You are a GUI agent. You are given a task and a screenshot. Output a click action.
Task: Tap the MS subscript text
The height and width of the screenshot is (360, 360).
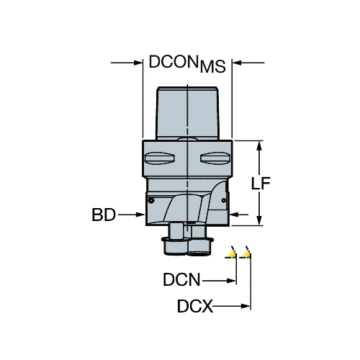pos(213,66)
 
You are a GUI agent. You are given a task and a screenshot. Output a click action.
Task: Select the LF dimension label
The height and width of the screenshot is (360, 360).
pos(261,184)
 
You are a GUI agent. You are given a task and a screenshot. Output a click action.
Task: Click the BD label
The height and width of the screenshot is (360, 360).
pos(104,215)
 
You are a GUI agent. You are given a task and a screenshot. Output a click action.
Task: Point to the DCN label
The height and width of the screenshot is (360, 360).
pos(181,279)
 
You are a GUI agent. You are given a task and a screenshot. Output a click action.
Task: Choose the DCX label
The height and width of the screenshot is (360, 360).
pos(195,306)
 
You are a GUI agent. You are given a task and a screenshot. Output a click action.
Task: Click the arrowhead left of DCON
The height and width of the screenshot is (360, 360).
pos(138,63)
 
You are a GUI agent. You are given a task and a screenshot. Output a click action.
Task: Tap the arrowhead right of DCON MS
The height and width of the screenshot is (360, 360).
pos(237,63)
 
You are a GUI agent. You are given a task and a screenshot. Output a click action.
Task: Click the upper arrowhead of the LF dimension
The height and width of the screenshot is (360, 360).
pos(259,145)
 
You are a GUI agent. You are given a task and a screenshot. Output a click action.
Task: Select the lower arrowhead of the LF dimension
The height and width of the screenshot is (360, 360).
pos(259,220)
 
